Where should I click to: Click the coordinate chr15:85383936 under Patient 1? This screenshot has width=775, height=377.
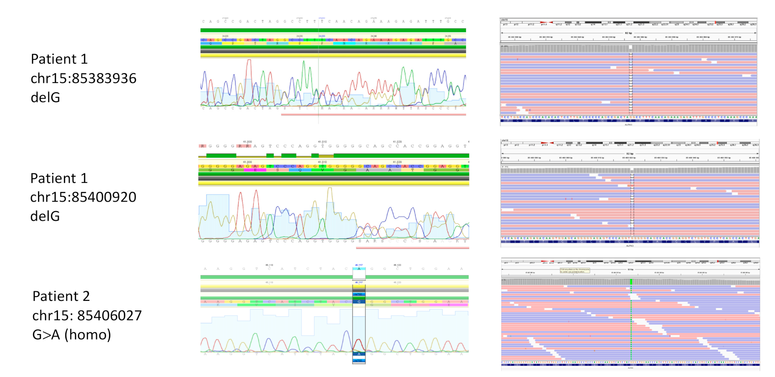(83, 78)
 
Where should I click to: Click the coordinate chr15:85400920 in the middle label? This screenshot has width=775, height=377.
(83, 197)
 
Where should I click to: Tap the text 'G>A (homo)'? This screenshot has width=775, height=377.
(72, 335)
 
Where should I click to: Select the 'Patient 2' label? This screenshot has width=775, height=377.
(61, 296)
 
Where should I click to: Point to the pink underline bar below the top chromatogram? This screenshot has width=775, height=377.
(373, 114)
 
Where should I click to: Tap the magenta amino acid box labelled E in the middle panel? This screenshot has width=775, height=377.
(255, 170)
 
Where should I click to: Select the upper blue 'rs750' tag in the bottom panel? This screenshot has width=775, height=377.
(359, 294)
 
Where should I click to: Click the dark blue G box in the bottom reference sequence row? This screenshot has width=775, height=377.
(359, 302)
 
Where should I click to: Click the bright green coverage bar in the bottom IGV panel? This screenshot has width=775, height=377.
(631, 282)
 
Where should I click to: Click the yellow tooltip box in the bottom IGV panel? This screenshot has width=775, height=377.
(575, 271)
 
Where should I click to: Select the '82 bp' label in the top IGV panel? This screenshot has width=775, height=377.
(628, 33)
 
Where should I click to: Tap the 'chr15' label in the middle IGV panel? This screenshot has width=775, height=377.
(505, 141)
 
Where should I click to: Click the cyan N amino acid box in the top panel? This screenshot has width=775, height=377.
(344, 44)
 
